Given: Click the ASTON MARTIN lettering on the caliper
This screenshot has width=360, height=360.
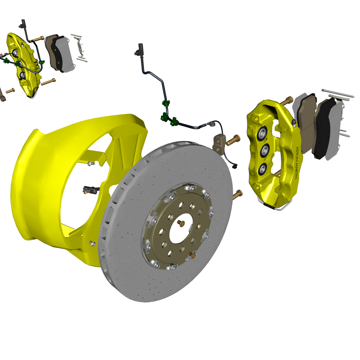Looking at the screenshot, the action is coord(297,163).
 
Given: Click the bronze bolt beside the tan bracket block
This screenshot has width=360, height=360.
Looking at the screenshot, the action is coord(233,141).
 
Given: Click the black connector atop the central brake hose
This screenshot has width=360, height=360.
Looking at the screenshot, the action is coord(139,50).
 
